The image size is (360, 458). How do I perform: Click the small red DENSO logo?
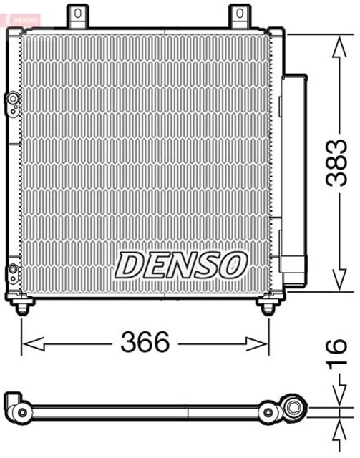pyautogui.click(x=21, y=17)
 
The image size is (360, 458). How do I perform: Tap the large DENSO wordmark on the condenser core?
pyautogui.click(x=181, y=265)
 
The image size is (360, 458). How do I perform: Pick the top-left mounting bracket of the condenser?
pyautogui.click(x=78, y=15)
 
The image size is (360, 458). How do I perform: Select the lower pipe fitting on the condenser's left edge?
pyautogui.click(x=12, y=272)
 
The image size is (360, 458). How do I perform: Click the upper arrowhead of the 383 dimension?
pyautogui.click(x=337, y=44)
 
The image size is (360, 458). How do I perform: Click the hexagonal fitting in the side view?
pyautogui.click(x=293, y=408)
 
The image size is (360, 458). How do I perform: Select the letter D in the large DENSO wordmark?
pyautogui.click(x=130, y=265)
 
